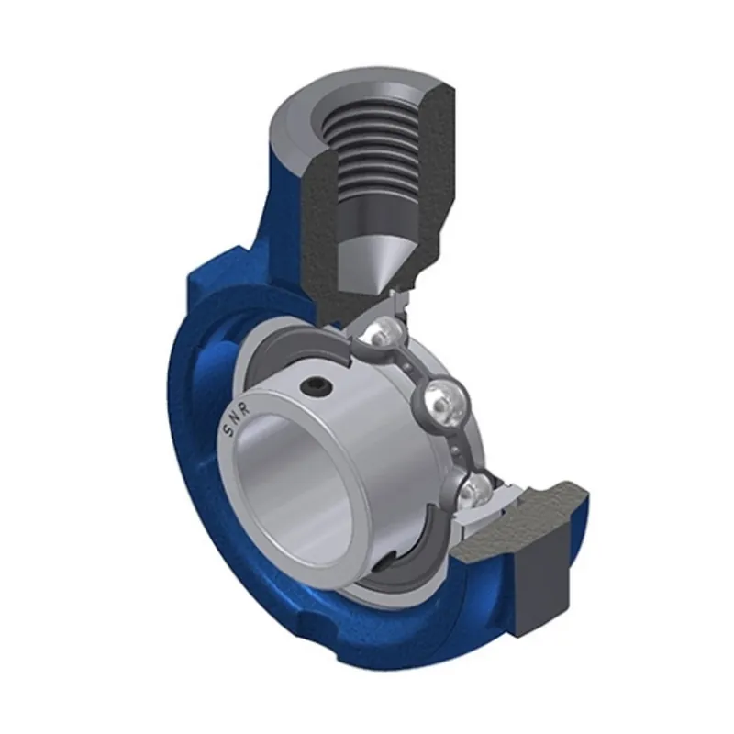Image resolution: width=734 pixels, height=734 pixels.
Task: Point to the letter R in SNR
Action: (x=245, y=406)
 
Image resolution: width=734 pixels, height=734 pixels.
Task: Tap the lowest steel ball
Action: (x=473, y=491)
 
